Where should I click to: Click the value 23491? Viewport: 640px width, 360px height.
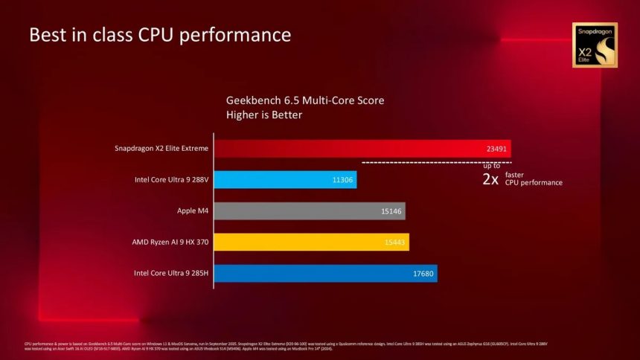[x=496, y=148]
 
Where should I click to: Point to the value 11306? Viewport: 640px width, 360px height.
[x=343, y=179]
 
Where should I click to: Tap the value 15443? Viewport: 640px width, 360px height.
[x=394, y=242]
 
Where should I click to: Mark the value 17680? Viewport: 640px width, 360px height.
[x=423, y=273]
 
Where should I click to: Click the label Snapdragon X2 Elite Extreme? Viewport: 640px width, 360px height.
[x=161, y=148]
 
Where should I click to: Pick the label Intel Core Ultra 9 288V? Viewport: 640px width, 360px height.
[x=170, y=179]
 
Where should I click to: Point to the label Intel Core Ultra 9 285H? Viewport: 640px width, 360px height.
[x=170, y=273]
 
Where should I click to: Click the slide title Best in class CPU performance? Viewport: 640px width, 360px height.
[x=159, y=34]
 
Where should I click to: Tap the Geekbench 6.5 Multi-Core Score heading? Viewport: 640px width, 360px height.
[x=305, y=100]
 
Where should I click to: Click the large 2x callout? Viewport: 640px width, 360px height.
[x=490, y=179]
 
